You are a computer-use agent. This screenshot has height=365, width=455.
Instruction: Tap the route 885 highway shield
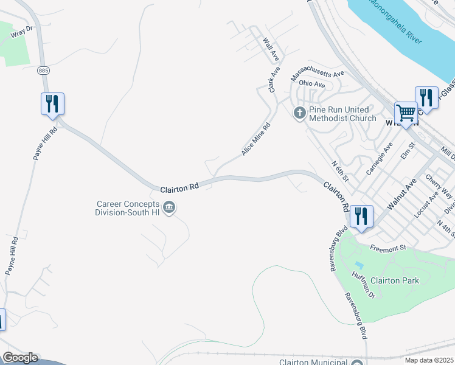coord(43,71)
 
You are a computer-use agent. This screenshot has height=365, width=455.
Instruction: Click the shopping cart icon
coord(406,113)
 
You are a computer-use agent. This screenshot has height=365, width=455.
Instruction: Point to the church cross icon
coord(299,113)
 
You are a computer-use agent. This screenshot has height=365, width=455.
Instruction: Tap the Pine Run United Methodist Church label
coord(342,114)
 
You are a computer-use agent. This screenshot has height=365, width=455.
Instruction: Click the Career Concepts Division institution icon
coord(170,208)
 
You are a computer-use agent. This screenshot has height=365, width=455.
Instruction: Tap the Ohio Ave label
coord(312,84)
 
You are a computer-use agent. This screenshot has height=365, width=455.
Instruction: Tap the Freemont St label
coord(388,248)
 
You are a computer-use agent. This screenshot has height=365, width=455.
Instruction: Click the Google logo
coord(20,358)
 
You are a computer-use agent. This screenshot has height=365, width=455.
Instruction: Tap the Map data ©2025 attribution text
coord(429,360)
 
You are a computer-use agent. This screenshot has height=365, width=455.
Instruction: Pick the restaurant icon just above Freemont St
coord(362,217)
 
